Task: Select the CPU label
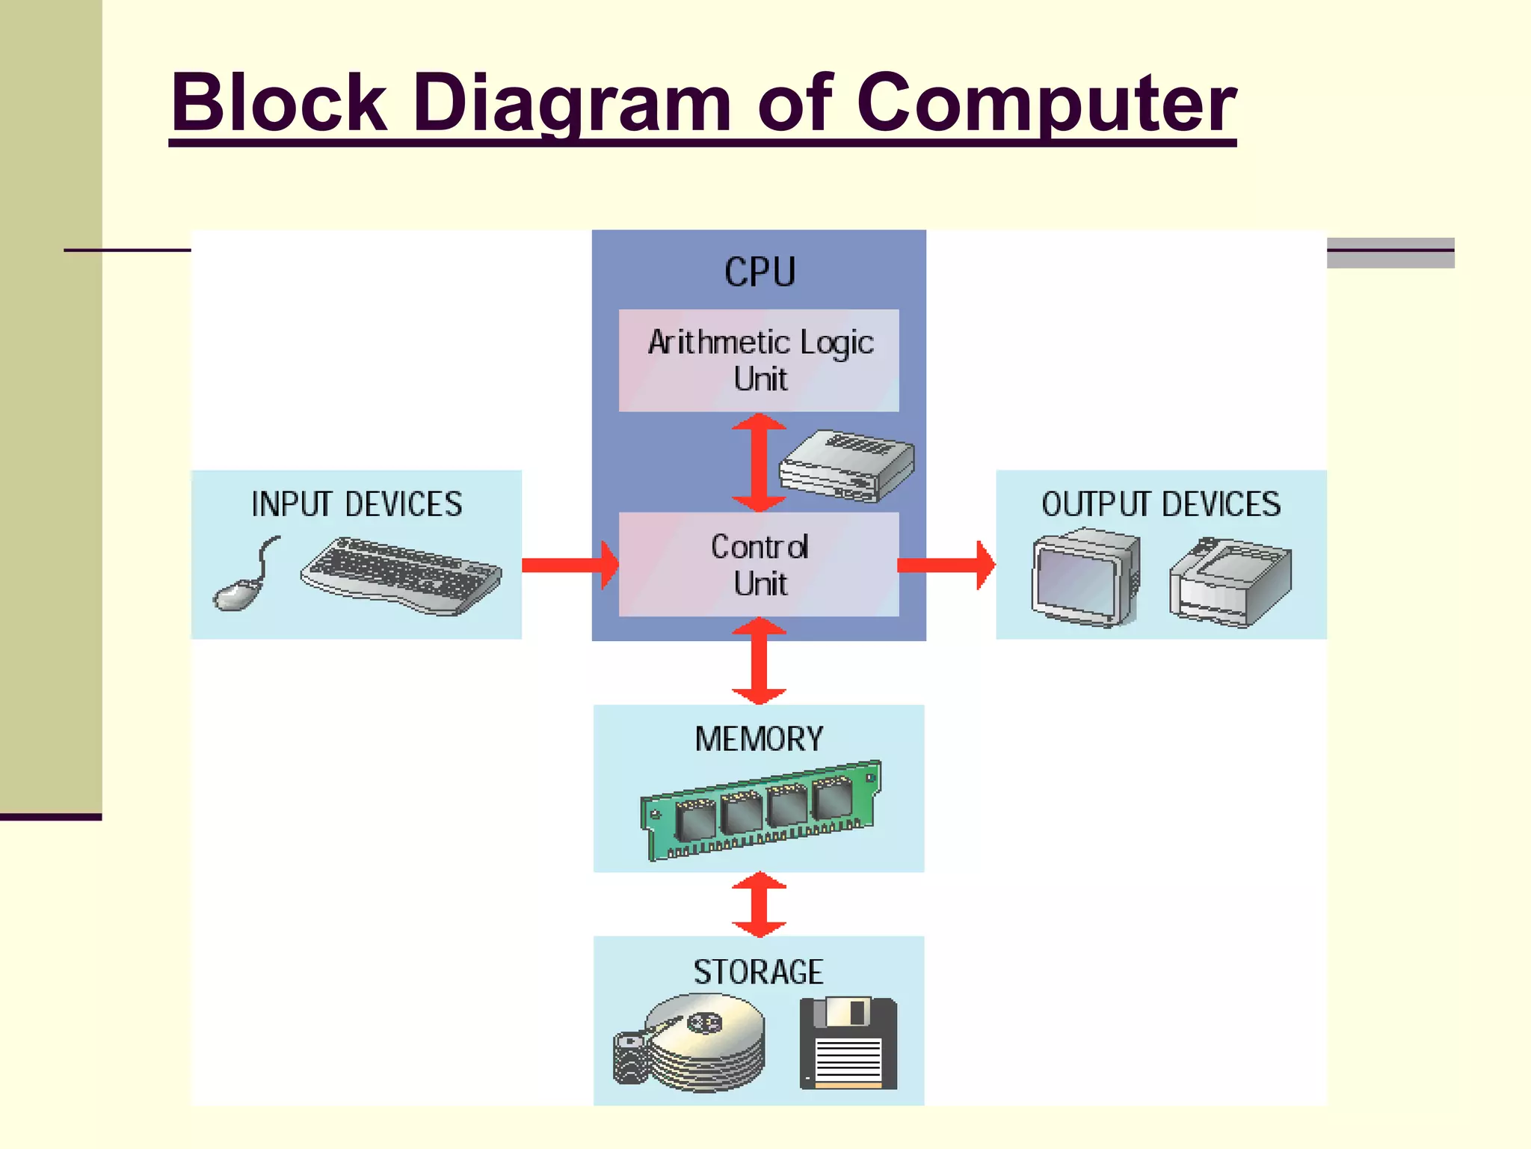coord(760,272)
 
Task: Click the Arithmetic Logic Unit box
coord(759,361)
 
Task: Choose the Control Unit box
coord(759,565)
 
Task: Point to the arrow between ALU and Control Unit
coord(759,462)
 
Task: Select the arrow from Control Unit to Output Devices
coord(946,565)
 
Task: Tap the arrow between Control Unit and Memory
coord(759,661)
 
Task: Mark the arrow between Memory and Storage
coord(759,904)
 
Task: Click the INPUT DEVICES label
coord(357,504)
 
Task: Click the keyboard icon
coord(401,576)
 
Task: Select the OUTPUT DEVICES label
coord(1161,504)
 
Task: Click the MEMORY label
coord(759,739)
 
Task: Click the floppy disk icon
coord(848,1044)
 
